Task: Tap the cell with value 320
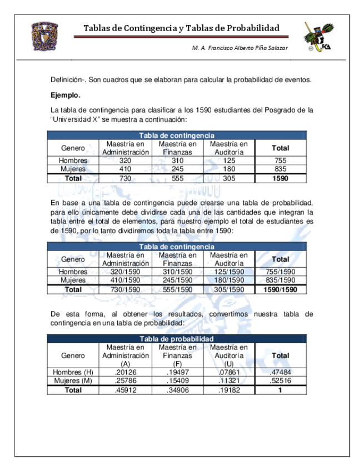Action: pos(126,161)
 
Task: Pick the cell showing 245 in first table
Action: pos(178,169)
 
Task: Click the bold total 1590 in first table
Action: pos(280,178)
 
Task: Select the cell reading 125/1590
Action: pos(228,272)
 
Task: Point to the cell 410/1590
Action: pos(126,280)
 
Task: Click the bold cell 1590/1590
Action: pos(280,289)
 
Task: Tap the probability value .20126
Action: pos(126,372)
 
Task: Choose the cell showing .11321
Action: pos(228,381)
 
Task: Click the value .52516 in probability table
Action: pos(280,381)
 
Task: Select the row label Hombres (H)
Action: pos(73,372)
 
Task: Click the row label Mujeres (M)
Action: pos(73,381)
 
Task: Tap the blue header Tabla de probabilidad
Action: pos(176,339)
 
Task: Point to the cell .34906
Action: pos(178,390)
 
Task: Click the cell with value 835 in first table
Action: pos(280,169)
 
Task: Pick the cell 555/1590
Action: pos(178,289)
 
